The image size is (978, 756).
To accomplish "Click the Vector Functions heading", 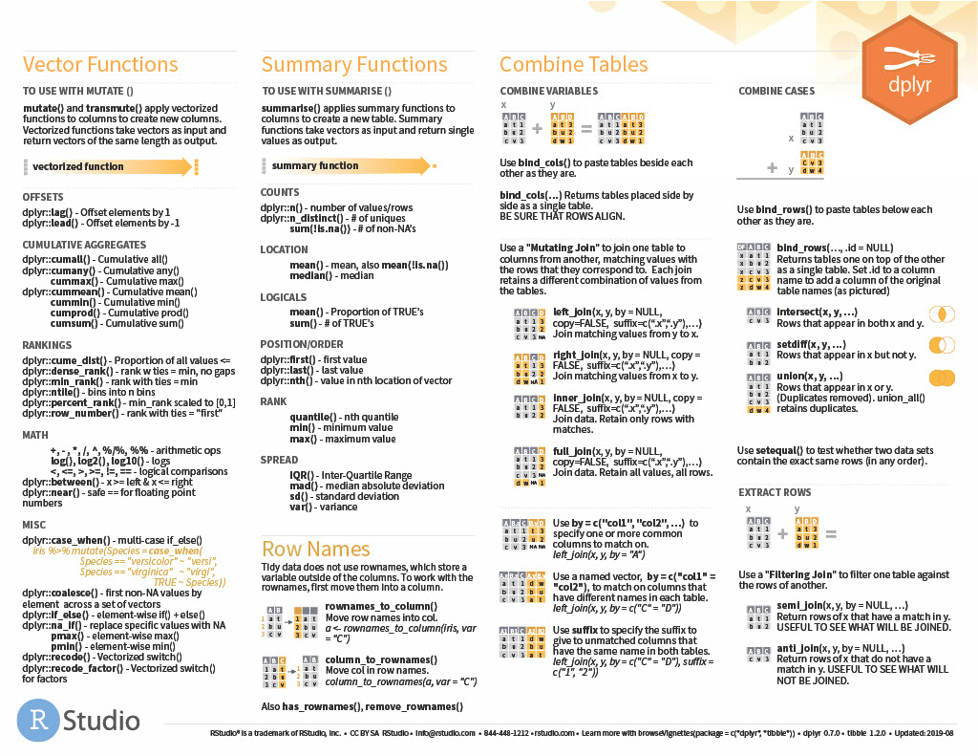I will click(x=100, y=65).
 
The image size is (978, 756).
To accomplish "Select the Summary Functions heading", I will click(x=354, y=65).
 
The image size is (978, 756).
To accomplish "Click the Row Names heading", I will click(x=315, y=550).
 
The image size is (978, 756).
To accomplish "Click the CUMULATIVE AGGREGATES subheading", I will click(x=84, y=245).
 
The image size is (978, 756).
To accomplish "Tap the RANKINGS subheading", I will click(x=47, y=345).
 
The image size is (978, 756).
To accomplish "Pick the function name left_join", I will click(x=573, y=313).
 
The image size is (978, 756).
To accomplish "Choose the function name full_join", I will click(x=572, y=450).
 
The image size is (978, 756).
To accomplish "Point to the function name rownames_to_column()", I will click(x=381, y=607).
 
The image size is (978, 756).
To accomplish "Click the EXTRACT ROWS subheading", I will click(x=775, y=492).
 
